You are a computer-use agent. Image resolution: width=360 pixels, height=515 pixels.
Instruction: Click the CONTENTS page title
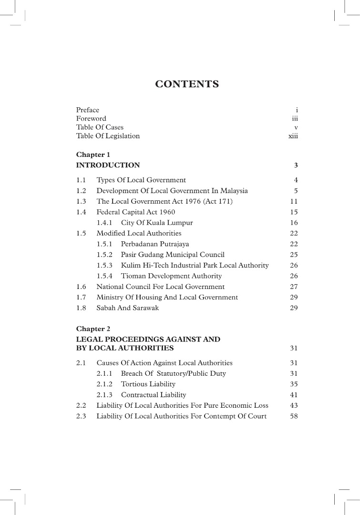(x=187, y=84)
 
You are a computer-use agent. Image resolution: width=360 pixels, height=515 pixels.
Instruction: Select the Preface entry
(x=88, y=110)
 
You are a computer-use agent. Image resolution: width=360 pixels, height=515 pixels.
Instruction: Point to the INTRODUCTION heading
(x=108, y=165)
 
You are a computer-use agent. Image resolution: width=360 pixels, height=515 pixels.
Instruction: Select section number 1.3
(x=81, y=202)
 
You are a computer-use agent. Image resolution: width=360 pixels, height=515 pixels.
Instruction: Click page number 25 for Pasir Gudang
(x=294, y=255)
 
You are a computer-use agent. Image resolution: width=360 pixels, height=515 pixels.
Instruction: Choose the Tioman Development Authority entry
(x=171, y=276)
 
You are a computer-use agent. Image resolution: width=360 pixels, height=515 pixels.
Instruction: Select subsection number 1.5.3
(x=104, y=265)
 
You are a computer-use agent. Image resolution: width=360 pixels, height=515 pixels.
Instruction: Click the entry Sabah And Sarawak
(x=128, y=308)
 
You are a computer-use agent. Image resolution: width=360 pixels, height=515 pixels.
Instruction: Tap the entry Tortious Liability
(x=148, y=384)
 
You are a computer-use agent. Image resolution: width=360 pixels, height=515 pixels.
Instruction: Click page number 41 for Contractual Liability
(x=294, y=395)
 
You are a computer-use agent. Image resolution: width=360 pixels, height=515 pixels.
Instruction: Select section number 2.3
(x=81, y=416)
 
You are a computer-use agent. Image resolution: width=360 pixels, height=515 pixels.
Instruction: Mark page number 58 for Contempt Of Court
(x=294, y=416)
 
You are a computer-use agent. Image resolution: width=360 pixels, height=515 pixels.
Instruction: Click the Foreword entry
(x=91, y=119)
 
